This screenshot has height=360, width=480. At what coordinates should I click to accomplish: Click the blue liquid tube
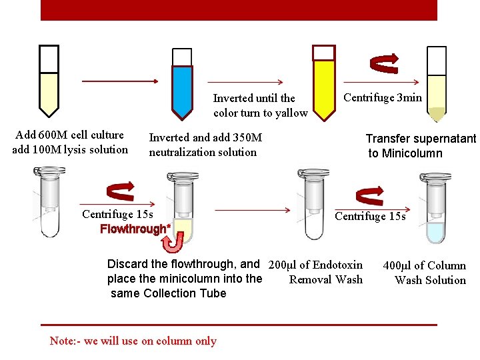pos(182,87)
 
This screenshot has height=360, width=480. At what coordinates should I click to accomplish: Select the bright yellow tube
pos(324,87)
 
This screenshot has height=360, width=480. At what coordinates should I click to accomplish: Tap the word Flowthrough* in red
pos(135,230)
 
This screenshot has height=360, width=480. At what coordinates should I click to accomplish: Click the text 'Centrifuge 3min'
pos(383,98)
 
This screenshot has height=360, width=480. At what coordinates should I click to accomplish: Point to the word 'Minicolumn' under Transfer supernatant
pos(413,153)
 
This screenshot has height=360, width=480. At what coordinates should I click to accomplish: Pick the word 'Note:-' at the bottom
pos(65,341)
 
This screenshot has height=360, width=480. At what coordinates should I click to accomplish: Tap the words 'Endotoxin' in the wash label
pos(337,265)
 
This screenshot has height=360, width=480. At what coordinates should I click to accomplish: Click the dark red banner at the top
pos(239,9)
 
